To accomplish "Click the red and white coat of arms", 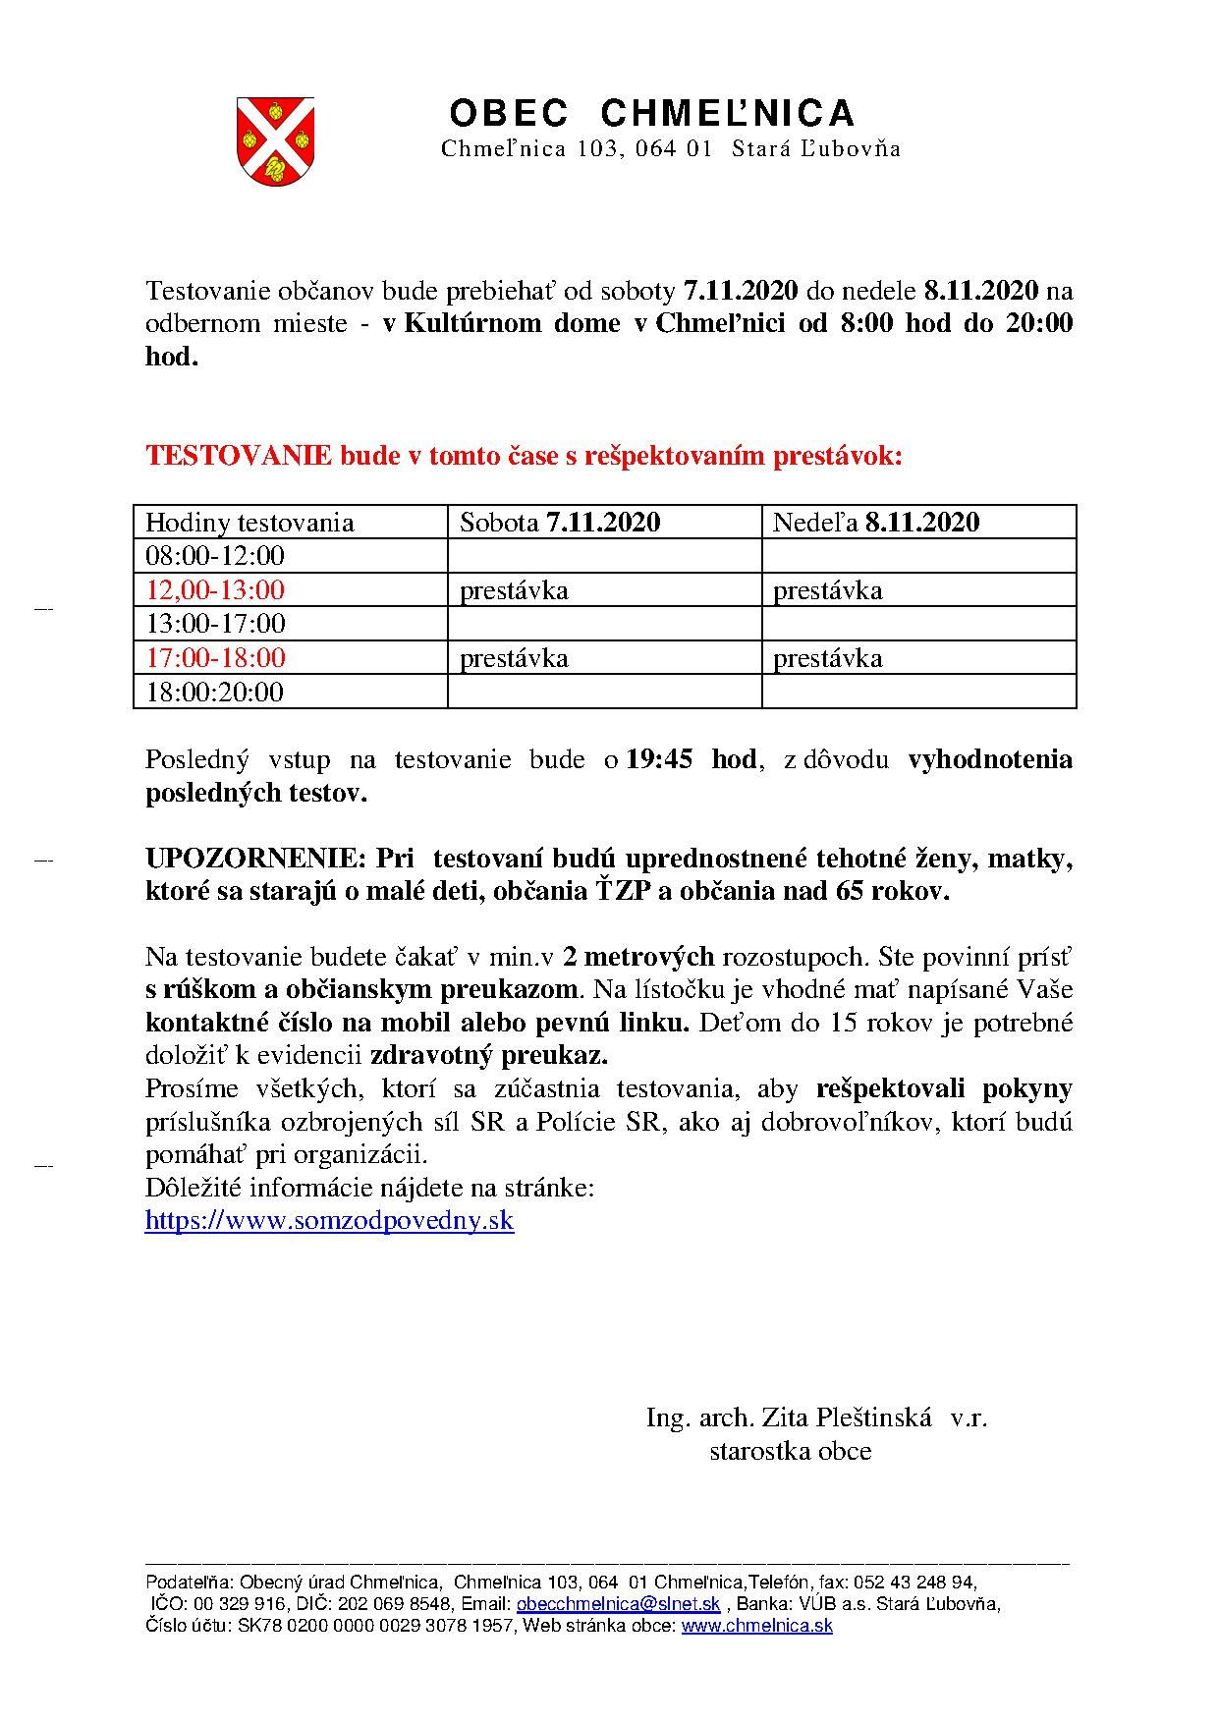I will [275, 141].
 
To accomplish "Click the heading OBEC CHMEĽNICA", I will [652, 114].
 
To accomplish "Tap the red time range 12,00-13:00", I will [215, 590].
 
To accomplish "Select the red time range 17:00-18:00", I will [215, 658].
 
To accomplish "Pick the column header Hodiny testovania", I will [249, 523].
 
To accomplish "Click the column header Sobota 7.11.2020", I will [560, 523].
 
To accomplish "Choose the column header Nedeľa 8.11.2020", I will [876, 523].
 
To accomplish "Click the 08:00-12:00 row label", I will [215, 557].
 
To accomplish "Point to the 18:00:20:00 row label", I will [214, 693].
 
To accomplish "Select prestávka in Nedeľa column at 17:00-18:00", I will [828, 658].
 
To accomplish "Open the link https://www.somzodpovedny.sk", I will [329, 1221].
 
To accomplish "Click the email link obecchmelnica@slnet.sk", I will [619, 1604].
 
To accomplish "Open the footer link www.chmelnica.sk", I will [756, 1626].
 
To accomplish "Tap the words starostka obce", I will [790, 1451].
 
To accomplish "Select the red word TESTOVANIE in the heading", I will [239, 456].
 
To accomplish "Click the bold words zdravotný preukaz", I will [489, 1056].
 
